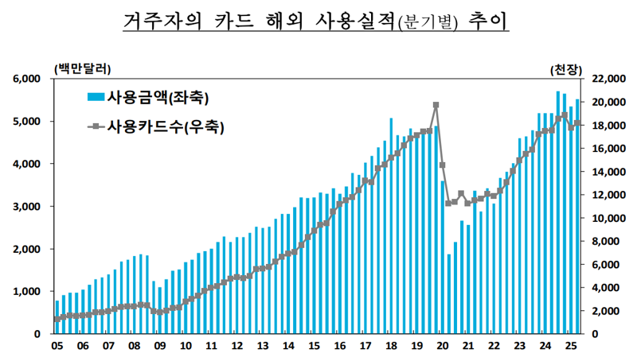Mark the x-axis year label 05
(57, 346)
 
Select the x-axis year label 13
(263, 346)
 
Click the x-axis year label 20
(443, 346)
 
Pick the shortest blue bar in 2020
(449, 294)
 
